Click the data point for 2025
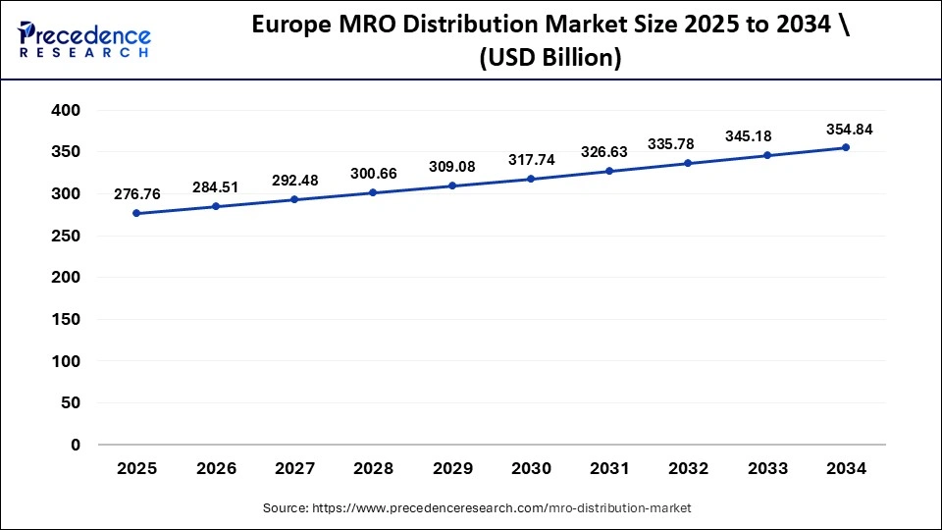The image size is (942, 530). pyautogui.click(x=136, y=213)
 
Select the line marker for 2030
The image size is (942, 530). pyautogui.click(x=531, y=179)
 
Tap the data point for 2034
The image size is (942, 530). pyautogui.click(x=846, y=147)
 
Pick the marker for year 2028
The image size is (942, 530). pyautogui.click(x=373, y=192)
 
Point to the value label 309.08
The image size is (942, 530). pyautogui.click(x=452, y=166)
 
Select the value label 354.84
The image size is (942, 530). pyautogui.click(x=846, y=129)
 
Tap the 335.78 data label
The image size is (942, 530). pyautogui.click(x=688, y=144)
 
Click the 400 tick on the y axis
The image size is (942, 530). pyautogui.click(x=65, y=111)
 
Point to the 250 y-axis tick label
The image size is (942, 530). pyautogui.click(x=65, y=237)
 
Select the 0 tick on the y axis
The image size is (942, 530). pyautogui.click(x=76, y=446)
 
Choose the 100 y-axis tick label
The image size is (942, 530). pyautogui.click(x=65, y=362)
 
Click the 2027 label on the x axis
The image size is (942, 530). pyautogui.click(x=294, y=469)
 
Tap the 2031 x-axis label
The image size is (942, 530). pyautogui.click(x=609, y=469)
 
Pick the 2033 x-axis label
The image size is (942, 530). pyautogui.click(x=767, y=469)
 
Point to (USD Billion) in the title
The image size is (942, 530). pyautogui.click(x=549, y=58)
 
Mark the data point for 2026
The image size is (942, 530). pyautogui.click(x=216, y=206)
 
